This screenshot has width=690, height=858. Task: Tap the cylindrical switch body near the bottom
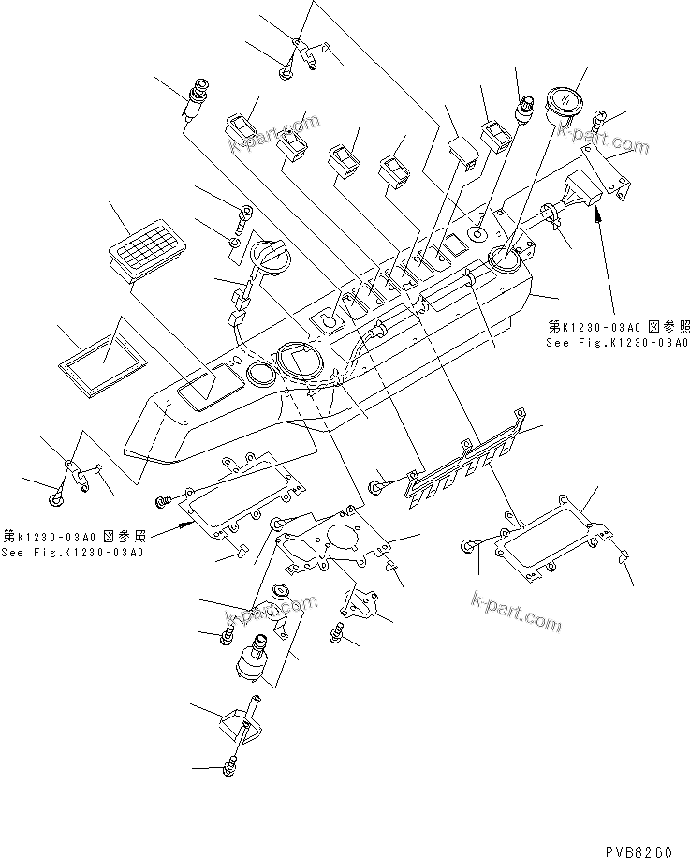click(x=251, y=666)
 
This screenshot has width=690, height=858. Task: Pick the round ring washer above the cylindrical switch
click(x=280, y=592)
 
